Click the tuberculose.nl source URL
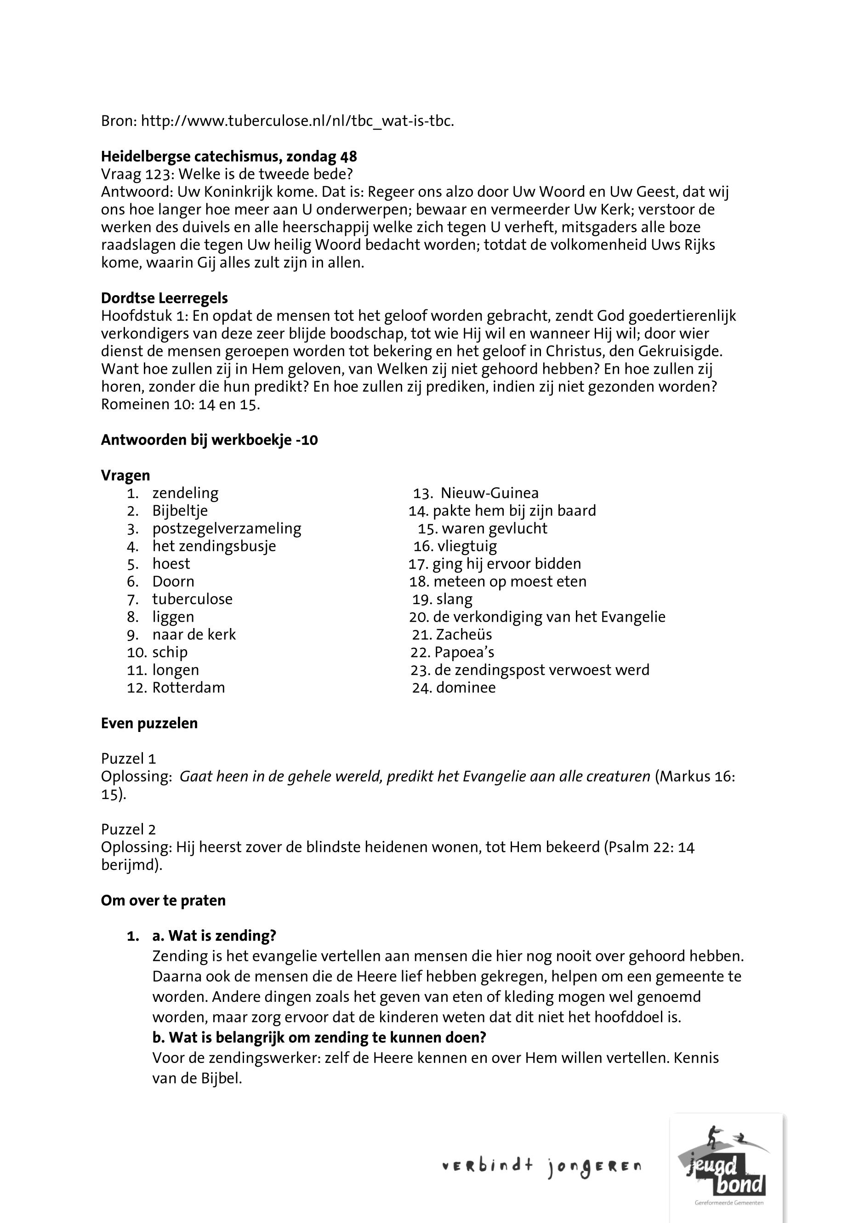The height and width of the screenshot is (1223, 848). click(297, 121)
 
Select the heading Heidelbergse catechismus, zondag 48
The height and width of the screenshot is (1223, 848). click(228, 157)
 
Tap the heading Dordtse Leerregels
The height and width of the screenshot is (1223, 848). click(164, 298)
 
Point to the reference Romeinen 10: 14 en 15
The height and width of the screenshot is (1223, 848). click(180, 405)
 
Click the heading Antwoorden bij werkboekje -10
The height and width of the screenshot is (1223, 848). click(209, 440)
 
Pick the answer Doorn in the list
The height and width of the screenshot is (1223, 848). click(173, 582)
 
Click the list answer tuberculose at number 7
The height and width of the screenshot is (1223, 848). click(192, 599)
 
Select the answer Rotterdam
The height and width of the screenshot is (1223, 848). click(188, 687)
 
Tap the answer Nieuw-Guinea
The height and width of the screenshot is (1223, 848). click(489, 493)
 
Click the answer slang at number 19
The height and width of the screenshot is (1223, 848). click(454, 599)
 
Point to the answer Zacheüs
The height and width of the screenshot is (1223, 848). click(463, 634)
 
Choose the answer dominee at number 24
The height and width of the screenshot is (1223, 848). click(466, 687)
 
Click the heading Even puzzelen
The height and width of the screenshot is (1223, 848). click(149, 723)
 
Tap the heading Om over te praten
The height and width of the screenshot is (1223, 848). click(163, 900)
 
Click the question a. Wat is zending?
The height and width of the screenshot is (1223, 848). click(214, 936)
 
